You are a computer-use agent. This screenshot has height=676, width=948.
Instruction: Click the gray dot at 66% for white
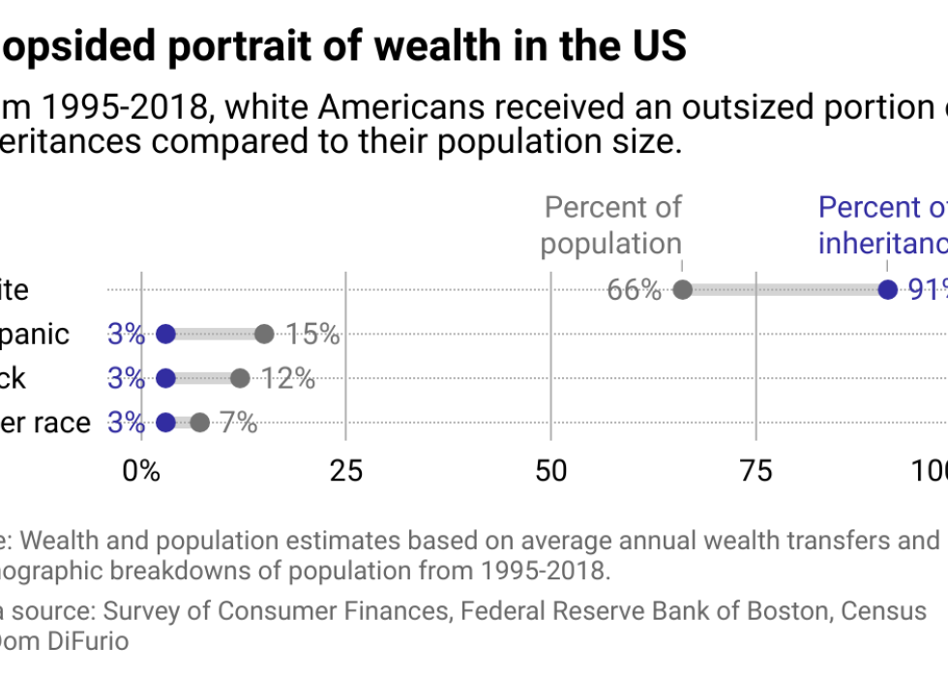pyautogui.click(x=682, y=289)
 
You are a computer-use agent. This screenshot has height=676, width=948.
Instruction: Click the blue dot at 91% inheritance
pyautogui.click(x=887, y=289)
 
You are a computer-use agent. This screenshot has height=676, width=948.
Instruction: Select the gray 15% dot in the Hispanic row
pyautogui.click(x=264, y=335)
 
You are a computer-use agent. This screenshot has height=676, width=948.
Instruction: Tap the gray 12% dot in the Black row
pyautogui.click(x=240, y=378)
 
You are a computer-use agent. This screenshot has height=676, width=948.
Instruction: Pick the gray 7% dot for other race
pyautogui.click(x=199, y=423)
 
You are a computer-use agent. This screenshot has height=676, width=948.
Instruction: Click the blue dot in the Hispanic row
pyautogui.click(x=165, y=335)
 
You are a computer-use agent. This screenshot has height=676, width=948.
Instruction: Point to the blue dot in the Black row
pyautogui.click(x=165, y=378)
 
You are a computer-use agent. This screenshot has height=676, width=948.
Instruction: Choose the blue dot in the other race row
pyautogui.click(x=165, y=423)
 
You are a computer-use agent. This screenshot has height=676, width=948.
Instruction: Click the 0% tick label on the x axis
pyautogui.click(x=141, y=471)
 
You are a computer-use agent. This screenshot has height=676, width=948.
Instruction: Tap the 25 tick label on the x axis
pyautogui.click(x=346, y=471)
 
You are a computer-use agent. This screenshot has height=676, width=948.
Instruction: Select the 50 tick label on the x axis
pyautogui.click(x=550, y=471)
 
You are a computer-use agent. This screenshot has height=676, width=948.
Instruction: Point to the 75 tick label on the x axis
pyautogui.click(x=755, y=471)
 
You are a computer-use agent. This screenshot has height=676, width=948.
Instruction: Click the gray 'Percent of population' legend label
pyautogui.click(x=611, y=224)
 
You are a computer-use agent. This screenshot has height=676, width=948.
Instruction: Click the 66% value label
pyautogui.click(x=634, y=290)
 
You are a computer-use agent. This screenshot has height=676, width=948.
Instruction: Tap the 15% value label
pyautogui.click(x=313, y=335)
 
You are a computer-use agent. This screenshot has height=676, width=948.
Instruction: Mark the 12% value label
pyautogui.click(x=288, y=378)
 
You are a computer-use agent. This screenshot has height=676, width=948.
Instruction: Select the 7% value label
pyautogui.click(x=237, y=423)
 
